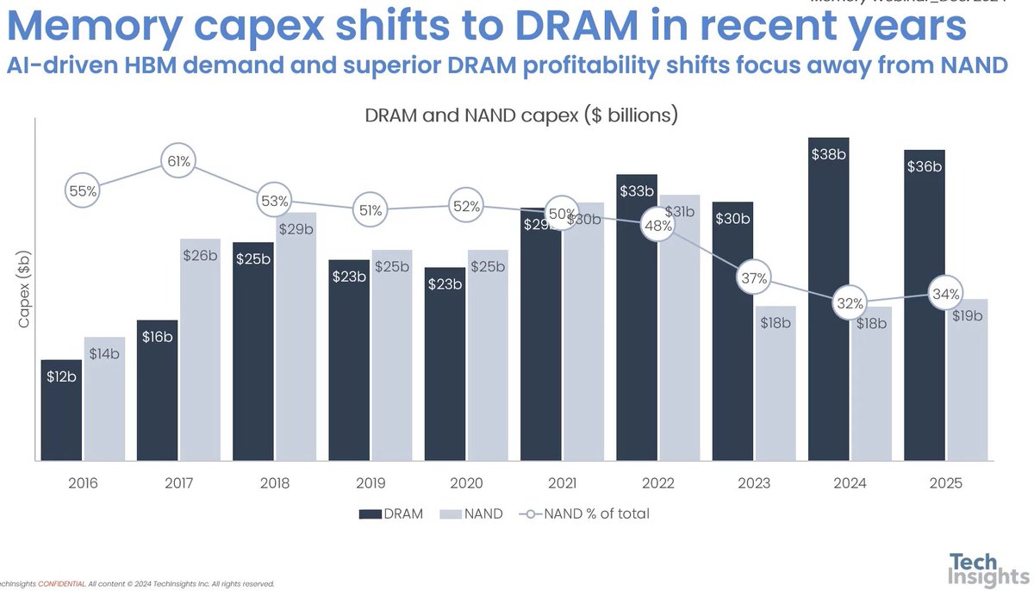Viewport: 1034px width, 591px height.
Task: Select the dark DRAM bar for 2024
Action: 828,302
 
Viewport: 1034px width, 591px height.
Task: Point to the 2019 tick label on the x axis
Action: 371,483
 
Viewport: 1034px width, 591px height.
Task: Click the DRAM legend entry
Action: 392,514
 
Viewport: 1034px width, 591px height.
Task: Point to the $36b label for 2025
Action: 924,166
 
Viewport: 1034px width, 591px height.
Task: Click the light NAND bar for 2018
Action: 296,336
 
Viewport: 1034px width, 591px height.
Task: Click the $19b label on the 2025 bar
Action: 966,315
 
